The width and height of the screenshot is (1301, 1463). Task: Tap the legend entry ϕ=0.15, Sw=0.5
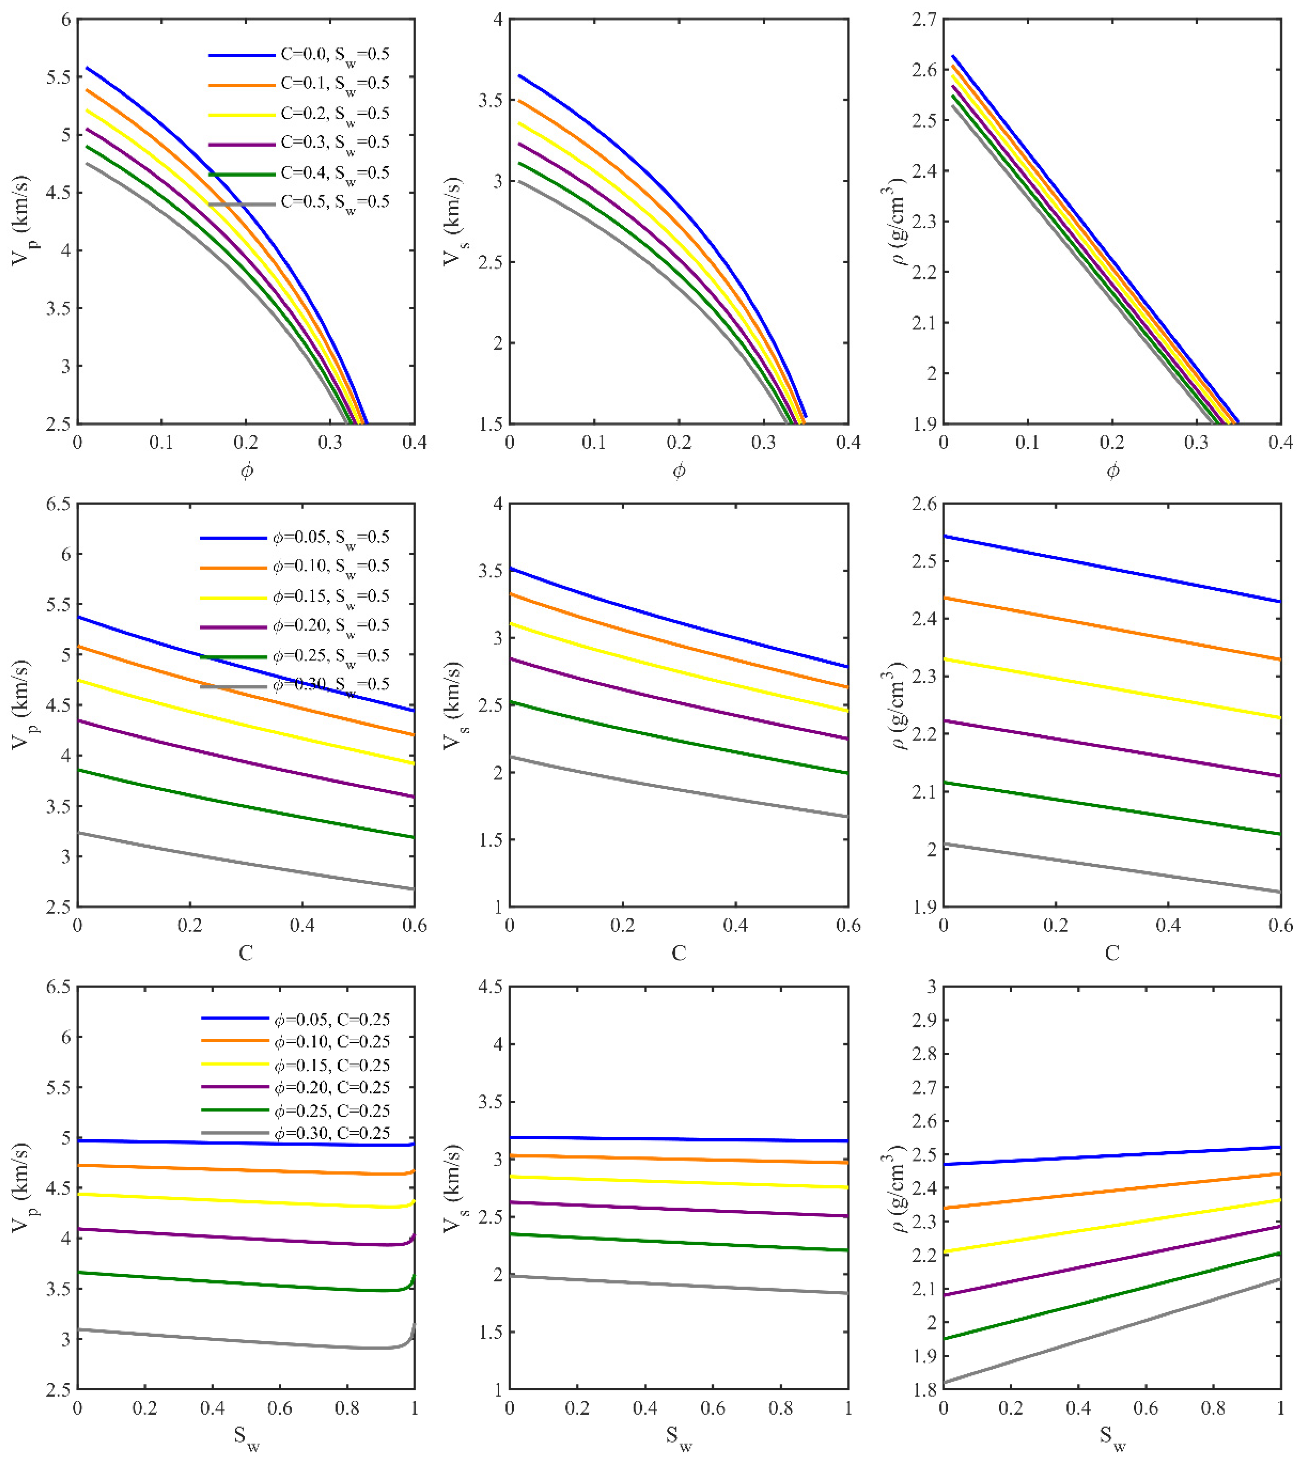pos(295,597)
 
